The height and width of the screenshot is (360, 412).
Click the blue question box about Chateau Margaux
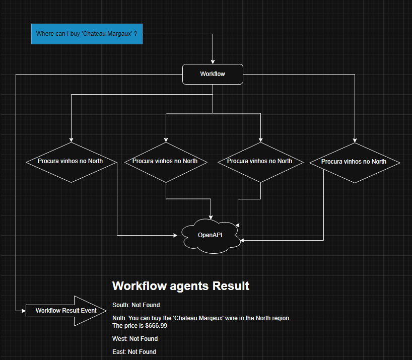click(87, 34)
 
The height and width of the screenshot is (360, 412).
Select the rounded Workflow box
click(213, 74)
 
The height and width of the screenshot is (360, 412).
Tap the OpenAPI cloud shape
click(210, 235)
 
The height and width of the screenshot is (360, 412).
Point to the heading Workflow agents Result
click(180, 286)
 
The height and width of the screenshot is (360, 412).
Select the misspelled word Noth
click(119, 318)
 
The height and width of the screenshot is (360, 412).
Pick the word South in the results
click(120, 305)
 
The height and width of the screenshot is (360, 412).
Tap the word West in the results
click(119, 339)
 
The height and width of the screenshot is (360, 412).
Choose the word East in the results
click(119, 352)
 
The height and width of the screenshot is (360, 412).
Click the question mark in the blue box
click(135, 34)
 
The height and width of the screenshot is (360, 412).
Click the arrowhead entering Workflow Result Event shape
click(23, 311)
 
